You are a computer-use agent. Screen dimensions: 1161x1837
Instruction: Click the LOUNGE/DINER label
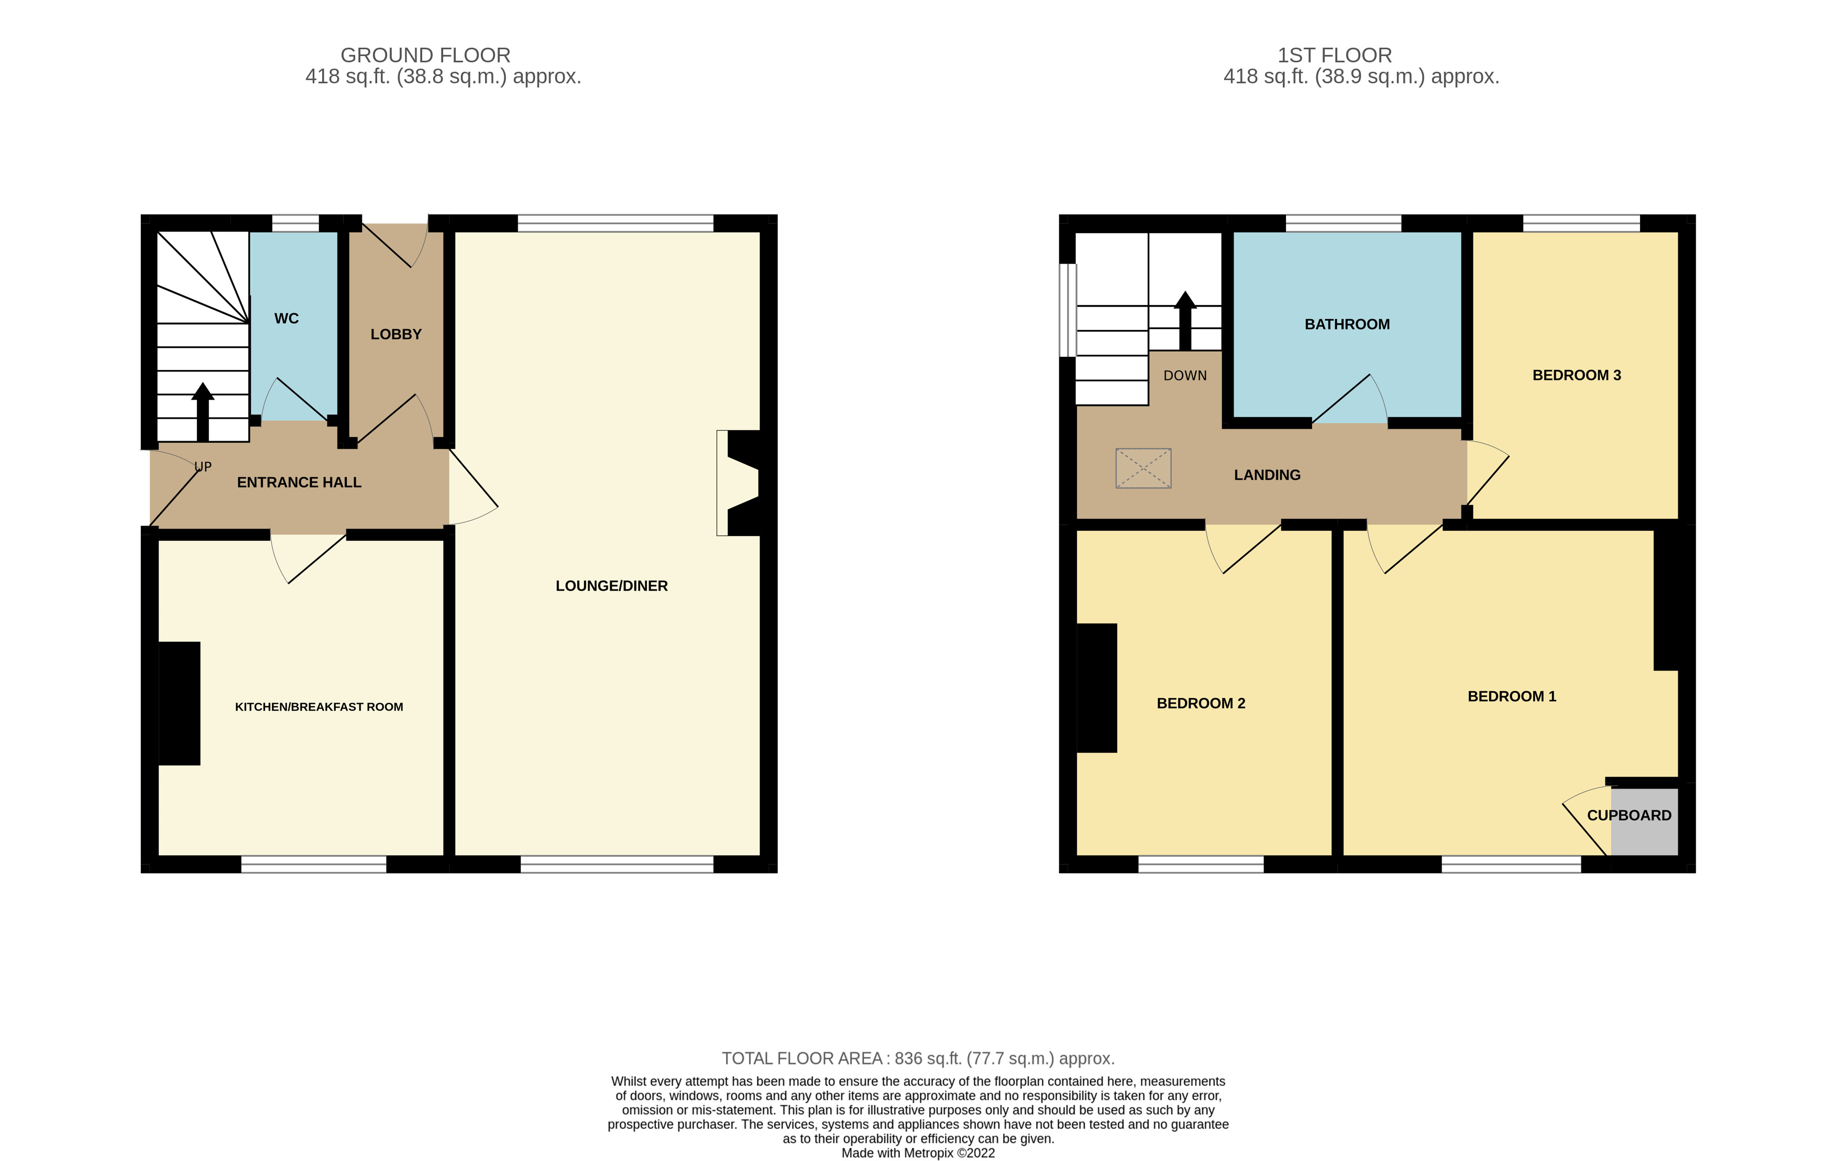pos(611,586)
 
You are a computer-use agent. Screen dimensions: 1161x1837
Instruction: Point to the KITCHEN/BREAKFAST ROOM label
pos(319,707)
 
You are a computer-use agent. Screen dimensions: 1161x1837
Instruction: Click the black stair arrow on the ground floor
pos(202,412)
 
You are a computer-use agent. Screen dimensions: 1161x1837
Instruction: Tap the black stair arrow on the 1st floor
pos(1185,321)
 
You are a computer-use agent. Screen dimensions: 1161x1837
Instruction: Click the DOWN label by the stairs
pos(1185,375)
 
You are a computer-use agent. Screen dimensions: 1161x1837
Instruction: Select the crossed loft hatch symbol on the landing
pos(1143,468)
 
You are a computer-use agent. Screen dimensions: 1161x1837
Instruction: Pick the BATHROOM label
pos(1347,324)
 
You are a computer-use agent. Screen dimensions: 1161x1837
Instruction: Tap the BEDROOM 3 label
pos(1576,375)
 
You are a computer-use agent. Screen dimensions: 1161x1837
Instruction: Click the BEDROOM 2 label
pos(1200,703)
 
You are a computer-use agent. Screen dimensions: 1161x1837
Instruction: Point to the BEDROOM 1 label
pos(1511,696)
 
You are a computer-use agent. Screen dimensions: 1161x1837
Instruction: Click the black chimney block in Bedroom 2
pos(1096,688)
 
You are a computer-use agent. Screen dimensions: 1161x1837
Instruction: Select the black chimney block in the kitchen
pos(179,703)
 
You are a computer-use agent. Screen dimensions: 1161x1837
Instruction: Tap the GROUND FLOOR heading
pos(425,56)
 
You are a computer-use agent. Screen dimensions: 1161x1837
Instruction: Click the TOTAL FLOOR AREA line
pos(918,1059)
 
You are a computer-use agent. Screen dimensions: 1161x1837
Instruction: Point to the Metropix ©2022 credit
pos(918,1153)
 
